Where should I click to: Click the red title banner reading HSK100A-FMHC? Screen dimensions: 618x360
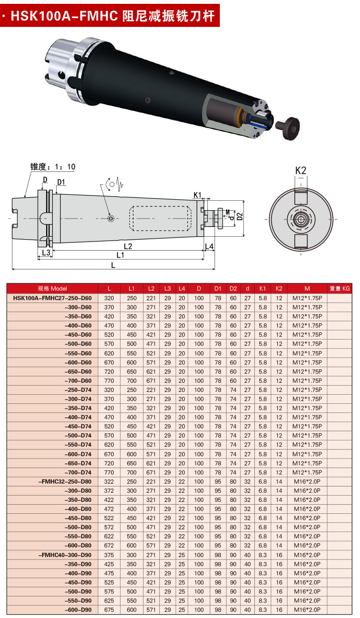[x=110, y=16]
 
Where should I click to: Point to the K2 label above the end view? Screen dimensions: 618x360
[x=300, y=170]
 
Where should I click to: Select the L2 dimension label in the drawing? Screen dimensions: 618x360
[x=128, y=246]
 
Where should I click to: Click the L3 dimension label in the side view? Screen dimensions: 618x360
[x=46, y=253]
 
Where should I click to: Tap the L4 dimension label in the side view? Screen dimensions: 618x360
[x=209, y=246]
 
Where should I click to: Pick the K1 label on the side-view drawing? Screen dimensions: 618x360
[x=198, y=194]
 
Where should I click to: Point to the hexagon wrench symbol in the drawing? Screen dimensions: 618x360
[x=111, y=184]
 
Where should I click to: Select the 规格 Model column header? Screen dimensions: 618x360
[x=52, y=289]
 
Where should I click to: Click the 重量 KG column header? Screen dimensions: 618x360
[x=339, y=289]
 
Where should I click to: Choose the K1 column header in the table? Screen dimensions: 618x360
[x=263, y=289]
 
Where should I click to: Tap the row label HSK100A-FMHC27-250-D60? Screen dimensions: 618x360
[x=52, y=298]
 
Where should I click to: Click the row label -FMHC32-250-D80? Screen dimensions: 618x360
[x=65, y=481]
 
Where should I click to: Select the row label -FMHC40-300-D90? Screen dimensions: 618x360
[x=65, y=555]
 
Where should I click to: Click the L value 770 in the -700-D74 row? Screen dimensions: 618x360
[x=109, y=472]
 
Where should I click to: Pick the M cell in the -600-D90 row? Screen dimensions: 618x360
[x=307, y=610]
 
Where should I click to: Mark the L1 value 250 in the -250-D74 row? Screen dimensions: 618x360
[x=132, y=389]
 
